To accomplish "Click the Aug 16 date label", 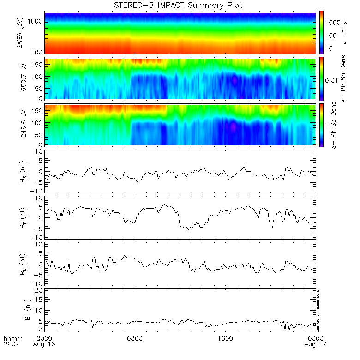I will pyautogui.click(x=45, y=345).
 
